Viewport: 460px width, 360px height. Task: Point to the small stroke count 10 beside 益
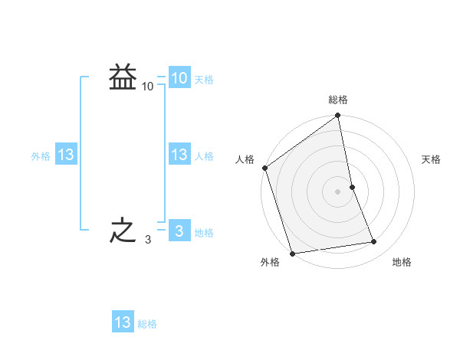click(x=148, y=87)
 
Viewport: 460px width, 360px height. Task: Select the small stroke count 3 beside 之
click(x=147, y=240)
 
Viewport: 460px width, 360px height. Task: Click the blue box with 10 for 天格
click(x=179, y=78)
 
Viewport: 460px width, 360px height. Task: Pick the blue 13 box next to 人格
click(x=179, y=155)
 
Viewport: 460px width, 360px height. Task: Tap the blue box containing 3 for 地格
click(x=179, y=231)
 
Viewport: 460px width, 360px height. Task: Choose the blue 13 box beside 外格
click(x=65, y=155)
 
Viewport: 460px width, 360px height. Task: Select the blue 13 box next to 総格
click(x=123, y=322)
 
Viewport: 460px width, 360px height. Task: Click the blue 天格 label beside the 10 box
click(x=204, y=80)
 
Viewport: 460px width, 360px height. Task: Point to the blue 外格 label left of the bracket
click(x=41, y=156)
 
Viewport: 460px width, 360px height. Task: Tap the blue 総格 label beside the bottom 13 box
click(x=147, y=324)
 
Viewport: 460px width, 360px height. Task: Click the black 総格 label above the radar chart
click(x=338, y=100)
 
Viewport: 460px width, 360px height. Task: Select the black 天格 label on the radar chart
click(x=432, y=159)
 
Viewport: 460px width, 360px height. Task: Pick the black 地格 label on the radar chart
click(x=402, y=263)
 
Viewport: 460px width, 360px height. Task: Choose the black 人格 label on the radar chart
click(x=245, y=159)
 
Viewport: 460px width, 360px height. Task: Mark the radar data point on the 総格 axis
click(x=338, y=116)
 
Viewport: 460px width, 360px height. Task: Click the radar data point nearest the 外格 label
click(x=292, y=253)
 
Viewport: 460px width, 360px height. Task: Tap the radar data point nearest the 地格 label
click(x=374, y=242)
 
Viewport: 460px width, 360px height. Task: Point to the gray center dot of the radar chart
click(x=338, y=191)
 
